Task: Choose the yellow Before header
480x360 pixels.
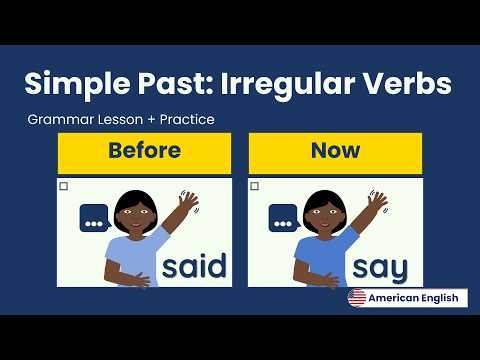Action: [146, 152]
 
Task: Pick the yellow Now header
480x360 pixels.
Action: [335, 152]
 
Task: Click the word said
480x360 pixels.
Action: [194, 266]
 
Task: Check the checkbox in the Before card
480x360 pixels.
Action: [64, 187]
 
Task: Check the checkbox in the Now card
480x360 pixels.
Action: [254, 187]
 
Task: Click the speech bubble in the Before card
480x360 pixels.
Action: [93, 220]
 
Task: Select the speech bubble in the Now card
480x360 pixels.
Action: [284, 220]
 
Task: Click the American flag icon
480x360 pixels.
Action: [357, 298]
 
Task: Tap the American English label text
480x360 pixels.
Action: [414, 298]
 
